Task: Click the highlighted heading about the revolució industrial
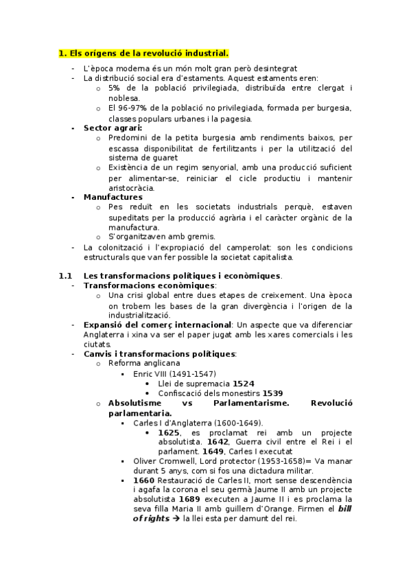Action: (x=143, y=53)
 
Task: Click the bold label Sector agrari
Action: (x=113, y=128)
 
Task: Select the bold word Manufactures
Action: (x=113, y=197)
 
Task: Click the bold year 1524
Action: (x=243, y=383)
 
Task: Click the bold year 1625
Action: (x=169, y=433)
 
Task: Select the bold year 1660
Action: (x=144, y=480)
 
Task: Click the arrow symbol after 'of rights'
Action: (x=174, y=519)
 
